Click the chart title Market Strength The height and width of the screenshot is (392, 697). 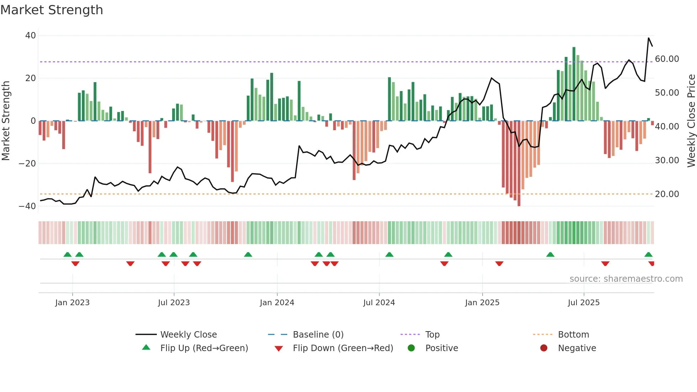[52, 10]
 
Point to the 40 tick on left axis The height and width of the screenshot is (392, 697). [31, 36]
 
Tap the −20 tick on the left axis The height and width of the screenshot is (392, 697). [27, 164]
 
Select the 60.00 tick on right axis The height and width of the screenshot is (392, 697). [667, 59]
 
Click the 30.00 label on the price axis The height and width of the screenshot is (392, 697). [667, 160]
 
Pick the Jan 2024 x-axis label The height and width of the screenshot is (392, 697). [277, 303]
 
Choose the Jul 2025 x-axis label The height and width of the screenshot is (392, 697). [583, 303]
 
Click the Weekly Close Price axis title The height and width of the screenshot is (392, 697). [691, 121]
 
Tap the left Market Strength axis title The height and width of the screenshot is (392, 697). [6, 121]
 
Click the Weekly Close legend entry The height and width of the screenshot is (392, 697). [188, 335]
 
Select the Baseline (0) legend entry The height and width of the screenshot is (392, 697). [318, 335]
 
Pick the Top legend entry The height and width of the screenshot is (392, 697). [432, 335]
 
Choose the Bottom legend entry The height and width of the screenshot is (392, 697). [573, 335]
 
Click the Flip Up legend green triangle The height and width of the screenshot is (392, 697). [146, 348]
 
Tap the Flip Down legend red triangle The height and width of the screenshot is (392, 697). [279, 349]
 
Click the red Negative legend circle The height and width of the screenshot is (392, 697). [543, 348]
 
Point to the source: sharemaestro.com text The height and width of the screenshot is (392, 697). [626, 279]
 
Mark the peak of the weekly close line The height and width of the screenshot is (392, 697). [649, 38]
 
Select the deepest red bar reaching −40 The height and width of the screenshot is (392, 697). [519, 163]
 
